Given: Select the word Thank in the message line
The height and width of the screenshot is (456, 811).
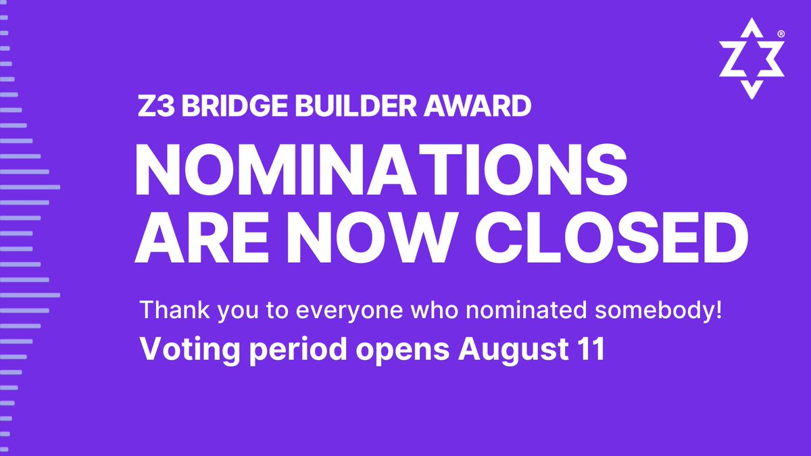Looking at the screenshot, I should (x=166, y=311).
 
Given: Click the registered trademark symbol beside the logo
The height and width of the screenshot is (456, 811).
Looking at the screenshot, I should (x=781, y=33).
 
